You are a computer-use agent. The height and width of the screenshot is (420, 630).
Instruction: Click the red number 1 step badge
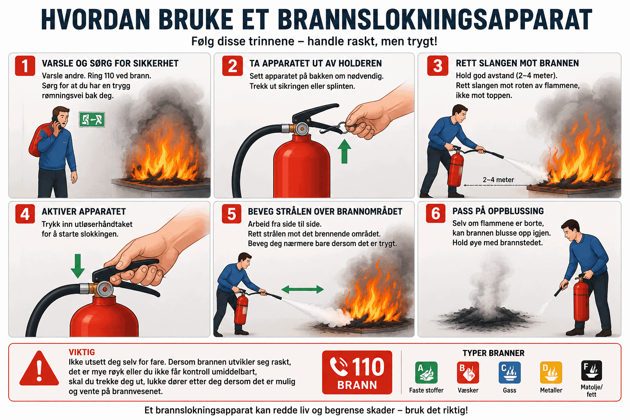[25, 66]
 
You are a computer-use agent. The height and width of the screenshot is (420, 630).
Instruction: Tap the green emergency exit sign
[92, 119]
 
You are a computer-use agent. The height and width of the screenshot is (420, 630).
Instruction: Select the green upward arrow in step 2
[344, 151]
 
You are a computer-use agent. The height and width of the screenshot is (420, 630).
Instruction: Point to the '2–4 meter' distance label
[498, 180]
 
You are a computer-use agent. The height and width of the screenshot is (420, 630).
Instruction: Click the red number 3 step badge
[438, 66]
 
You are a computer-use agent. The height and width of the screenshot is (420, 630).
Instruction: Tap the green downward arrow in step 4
[78, 266]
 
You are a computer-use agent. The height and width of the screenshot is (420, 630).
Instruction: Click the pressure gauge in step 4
[105, 289]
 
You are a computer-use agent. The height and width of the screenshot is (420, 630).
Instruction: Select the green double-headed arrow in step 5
[303, 289]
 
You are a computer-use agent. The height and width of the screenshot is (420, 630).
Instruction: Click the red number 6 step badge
[435, 214]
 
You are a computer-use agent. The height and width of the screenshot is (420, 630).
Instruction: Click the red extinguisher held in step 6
[581, 300]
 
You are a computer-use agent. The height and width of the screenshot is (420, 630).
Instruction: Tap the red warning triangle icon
[39, 369]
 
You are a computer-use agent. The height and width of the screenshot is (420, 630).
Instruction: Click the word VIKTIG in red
[82, 352]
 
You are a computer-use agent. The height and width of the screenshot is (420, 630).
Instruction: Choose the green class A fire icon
[427, 372]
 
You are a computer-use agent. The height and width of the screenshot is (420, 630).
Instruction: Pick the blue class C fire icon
[509, 372]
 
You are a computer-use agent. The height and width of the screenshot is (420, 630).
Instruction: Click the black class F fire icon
[591, 371]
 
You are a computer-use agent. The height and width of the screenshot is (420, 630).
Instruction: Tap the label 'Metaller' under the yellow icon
[551, 390]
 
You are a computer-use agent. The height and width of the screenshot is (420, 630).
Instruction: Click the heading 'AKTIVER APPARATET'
[84, 212]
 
